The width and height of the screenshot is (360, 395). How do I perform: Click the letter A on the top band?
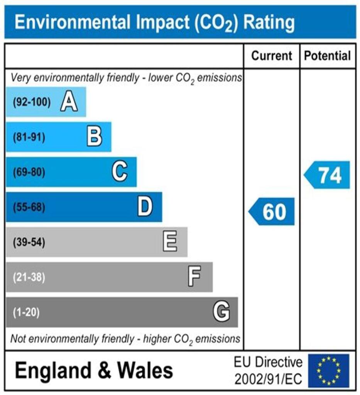point(69,103)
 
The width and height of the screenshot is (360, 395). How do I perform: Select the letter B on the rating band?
point(94,137)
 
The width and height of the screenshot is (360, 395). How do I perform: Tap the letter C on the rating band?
point(120,172)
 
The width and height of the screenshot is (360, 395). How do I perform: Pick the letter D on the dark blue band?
point(145,207)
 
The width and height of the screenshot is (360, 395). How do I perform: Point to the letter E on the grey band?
point(170,242)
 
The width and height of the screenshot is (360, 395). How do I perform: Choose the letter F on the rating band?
point(194,277)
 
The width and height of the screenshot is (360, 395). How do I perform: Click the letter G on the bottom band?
point(221,312)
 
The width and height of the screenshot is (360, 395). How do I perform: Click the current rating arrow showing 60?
point(272,211)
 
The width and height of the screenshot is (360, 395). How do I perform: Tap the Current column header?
point(272,56)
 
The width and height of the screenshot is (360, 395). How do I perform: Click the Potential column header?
point(328,56)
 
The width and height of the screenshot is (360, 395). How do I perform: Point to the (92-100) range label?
point(32,103)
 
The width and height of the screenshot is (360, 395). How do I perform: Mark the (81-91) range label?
point(29,137)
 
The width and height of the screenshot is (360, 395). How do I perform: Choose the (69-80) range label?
point(29,172)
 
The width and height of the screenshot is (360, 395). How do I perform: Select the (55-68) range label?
point(29,207)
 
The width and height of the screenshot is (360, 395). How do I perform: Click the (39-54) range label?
point(29,242)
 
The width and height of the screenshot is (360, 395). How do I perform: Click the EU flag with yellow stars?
point(328,371)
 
